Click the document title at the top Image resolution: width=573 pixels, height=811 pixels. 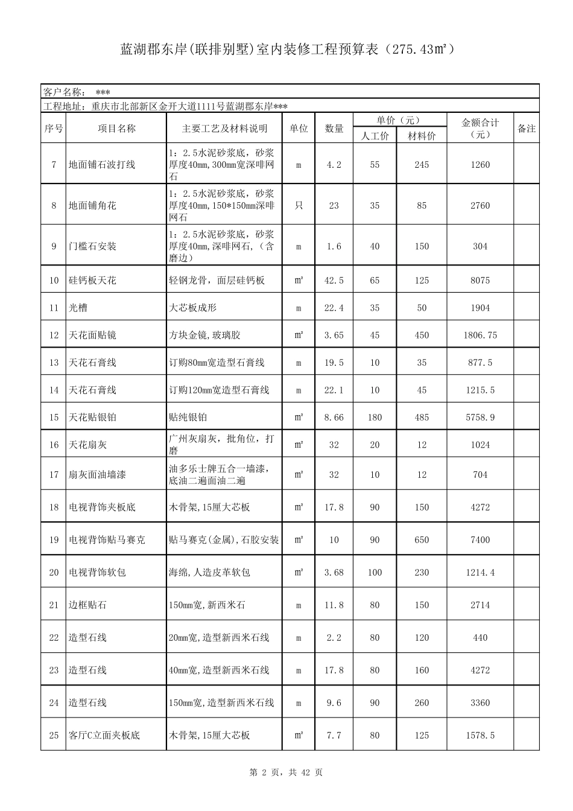286,49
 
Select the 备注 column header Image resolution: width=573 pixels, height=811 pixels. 526,129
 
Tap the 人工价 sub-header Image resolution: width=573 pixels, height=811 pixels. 375,136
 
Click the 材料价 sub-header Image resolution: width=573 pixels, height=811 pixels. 421,136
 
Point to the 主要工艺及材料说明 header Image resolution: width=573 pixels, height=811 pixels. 224,129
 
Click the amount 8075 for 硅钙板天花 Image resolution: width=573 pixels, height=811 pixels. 480,281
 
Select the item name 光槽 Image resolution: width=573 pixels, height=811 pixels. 78,308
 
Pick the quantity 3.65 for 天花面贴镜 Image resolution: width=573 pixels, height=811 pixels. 334,336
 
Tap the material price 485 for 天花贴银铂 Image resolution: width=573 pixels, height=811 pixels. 422,418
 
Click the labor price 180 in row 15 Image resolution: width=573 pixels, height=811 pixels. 375,418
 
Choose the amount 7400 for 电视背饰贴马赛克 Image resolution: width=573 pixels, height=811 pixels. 480,540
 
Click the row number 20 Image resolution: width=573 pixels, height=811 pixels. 54,573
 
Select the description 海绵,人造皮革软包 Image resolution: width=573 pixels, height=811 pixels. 209,573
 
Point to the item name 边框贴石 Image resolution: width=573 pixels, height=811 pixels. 87,605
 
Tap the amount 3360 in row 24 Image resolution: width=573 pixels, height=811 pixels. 480,703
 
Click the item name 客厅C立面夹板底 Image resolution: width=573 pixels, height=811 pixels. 104,736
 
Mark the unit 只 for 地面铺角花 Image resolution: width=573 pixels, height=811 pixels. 299,206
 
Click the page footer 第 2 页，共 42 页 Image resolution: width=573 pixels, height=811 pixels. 286,772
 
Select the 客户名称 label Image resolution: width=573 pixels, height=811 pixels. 64,92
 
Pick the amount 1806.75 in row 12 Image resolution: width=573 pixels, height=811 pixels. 480,336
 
